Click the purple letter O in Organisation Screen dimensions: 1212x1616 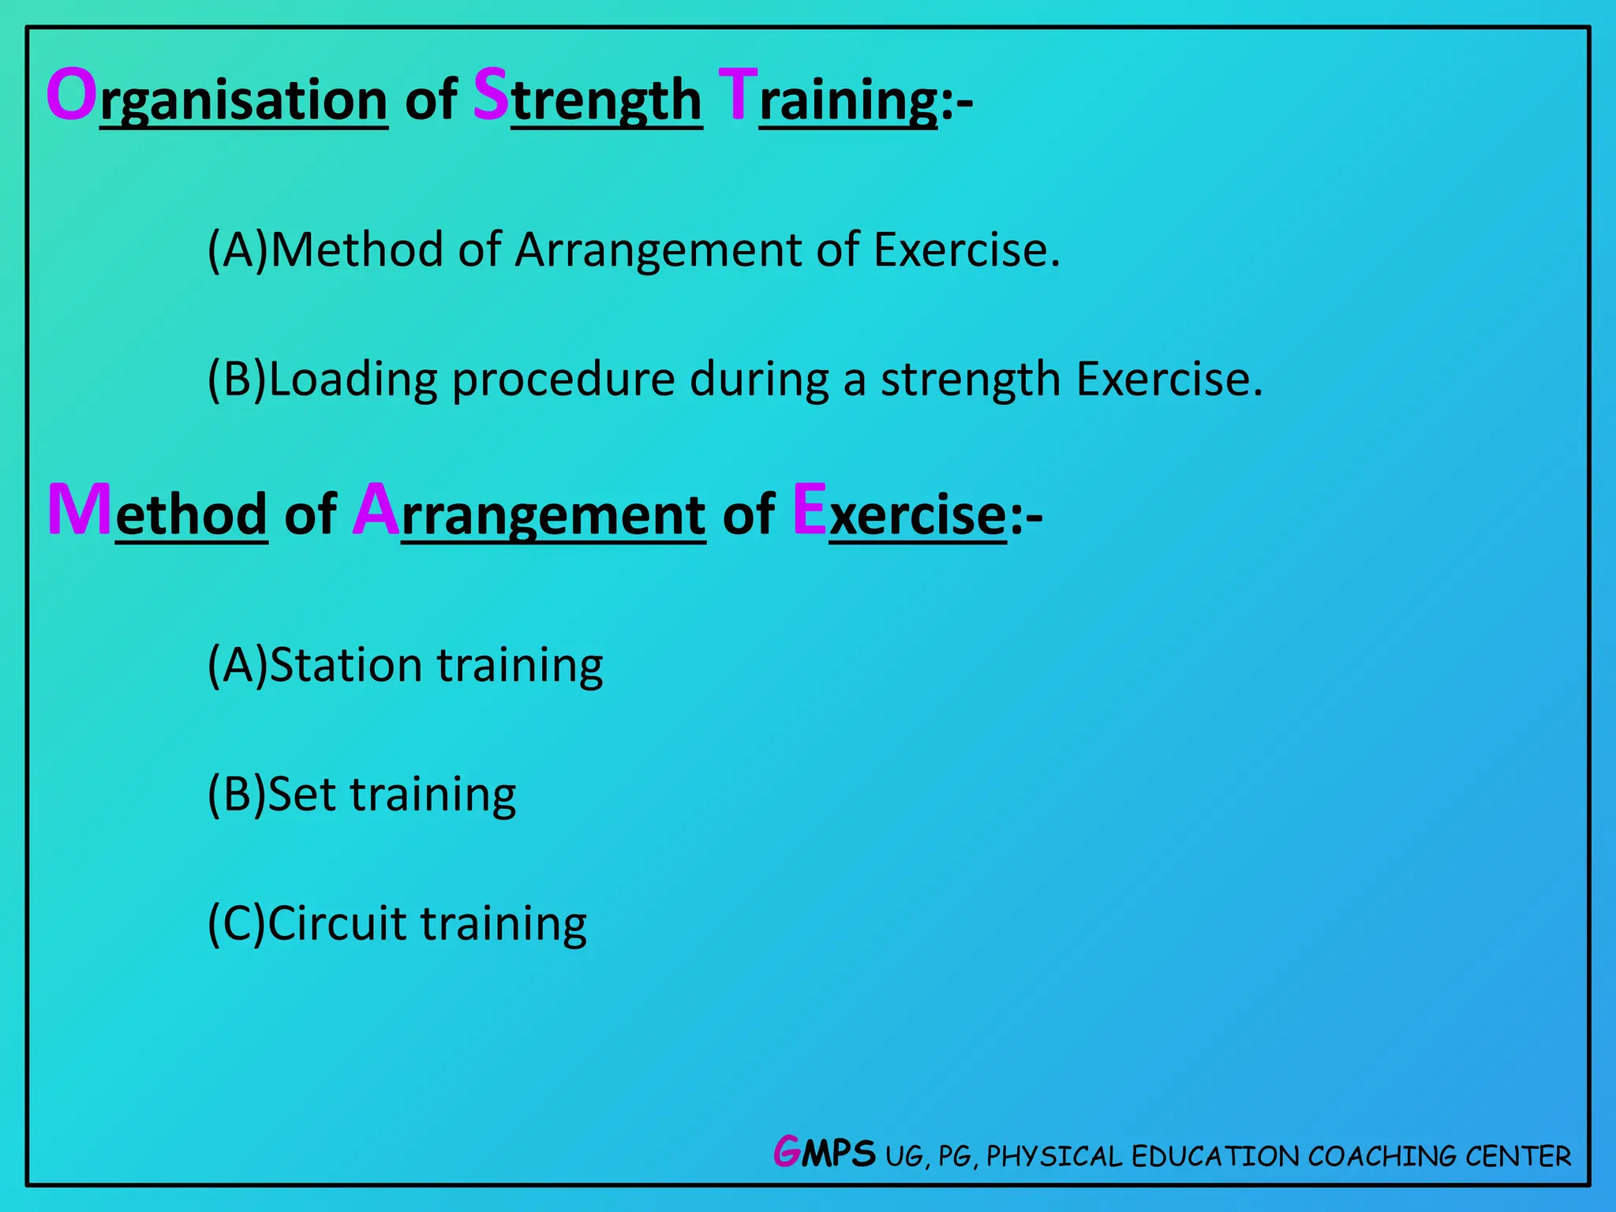(x=72, y=95)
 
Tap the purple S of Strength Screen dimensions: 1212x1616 (x=491, y=95)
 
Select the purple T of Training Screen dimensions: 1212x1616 (x=739, y=95)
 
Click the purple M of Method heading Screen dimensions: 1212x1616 (x=80, y=511)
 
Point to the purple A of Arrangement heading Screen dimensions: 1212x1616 (x=376, y=511)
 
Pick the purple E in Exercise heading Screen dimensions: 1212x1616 (x=810, y=511)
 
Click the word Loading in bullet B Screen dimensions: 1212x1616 (x=353, y=380)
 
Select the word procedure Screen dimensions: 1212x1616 (x=563, y=380)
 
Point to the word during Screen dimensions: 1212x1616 (x=759, y=380)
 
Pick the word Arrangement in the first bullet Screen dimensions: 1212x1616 (x=659, y=250)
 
